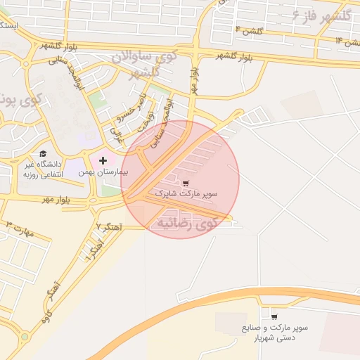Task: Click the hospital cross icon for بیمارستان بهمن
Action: (103, 161)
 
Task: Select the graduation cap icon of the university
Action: (43, 154)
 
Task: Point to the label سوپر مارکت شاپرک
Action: (186, 193)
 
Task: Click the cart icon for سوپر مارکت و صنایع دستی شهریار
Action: (274, 317)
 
